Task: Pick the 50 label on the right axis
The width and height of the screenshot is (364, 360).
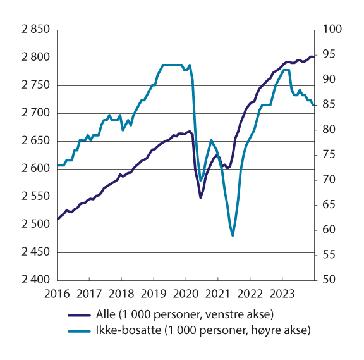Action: click(x=327, y=280)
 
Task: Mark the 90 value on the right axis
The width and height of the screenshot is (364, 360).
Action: click(x=327, y=80)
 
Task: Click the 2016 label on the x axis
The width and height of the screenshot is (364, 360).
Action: click(x=58, y=293)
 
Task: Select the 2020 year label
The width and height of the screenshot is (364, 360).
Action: click(x=185, y=293)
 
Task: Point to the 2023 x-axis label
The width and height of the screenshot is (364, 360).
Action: click(x=281, y=293)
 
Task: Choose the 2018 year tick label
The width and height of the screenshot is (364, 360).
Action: click(x=121, y=293)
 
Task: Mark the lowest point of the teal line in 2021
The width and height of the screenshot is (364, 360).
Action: click(x=233, y=235)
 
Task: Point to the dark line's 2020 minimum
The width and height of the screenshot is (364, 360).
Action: click(x=200, y=198)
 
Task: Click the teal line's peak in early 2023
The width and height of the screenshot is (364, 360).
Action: click(x=286, y=70)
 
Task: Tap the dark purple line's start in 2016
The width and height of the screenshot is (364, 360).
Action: click(x=58, y=219)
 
